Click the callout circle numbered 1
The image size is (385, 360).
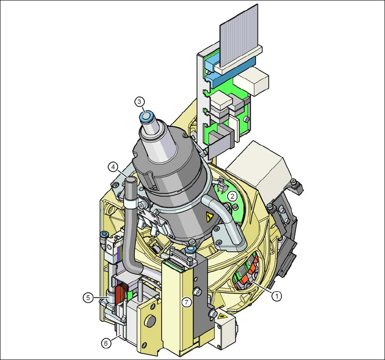pyautogui.click(x=277, y=296)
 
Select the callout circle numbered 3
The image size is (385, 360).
pyautogui.click(x=139, y=102)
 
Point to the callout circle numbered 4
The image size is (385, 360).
pyautogui.click(x=113, y=167)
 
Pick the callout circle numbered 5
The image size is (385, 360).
pyautogui.click(x=88, y=298)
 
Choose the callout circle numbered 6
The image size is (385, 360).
pyautogui.click(x=106, y=343)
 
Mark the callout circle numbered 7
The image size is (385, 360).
pyautogui.click(x=186, y=302)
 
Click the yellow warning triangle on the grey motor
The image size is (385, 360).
pyautogui.click(x=209, y=216)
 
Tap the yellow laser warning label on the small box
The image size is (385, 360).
pyautogui.click(x=222, y=316)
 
